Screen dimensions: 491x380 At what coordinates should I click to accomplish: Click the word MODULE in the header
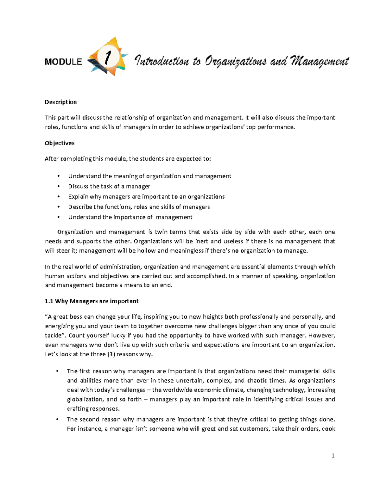pos(63,62)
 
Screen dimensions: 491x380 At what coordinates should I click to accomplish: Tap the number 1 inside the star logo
pos(108,58)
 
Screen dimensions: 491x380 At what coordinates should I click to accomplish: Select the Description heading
pos(60,102)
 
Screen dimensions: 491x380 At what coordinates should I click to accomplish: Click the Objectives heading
pos(60,143)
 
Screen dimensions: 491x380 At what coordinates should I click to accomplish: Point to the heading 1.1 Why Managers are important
pos(92,301)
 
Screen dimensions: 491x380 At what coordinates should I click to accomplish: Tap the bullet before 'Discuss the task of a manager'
pos(58,187)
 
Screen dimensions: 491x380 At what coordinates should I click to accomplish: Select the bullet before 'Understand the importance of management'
pos(58,217)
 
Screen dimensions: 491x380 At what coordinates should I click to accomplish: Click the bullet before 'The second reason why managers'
pos(57,420)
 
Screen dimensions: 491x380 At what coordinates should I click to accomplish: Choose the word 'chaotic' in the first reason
pos(257,380)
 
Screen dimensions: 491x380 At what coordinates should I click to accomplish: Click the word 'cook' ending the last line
pos(329,429)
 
